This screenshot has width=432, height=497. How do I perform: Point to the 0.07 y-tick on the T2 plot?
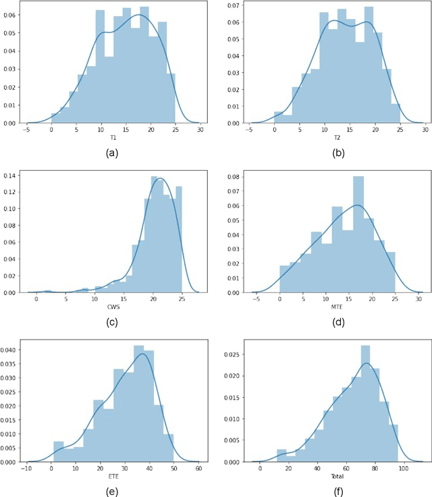point(234,6)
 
